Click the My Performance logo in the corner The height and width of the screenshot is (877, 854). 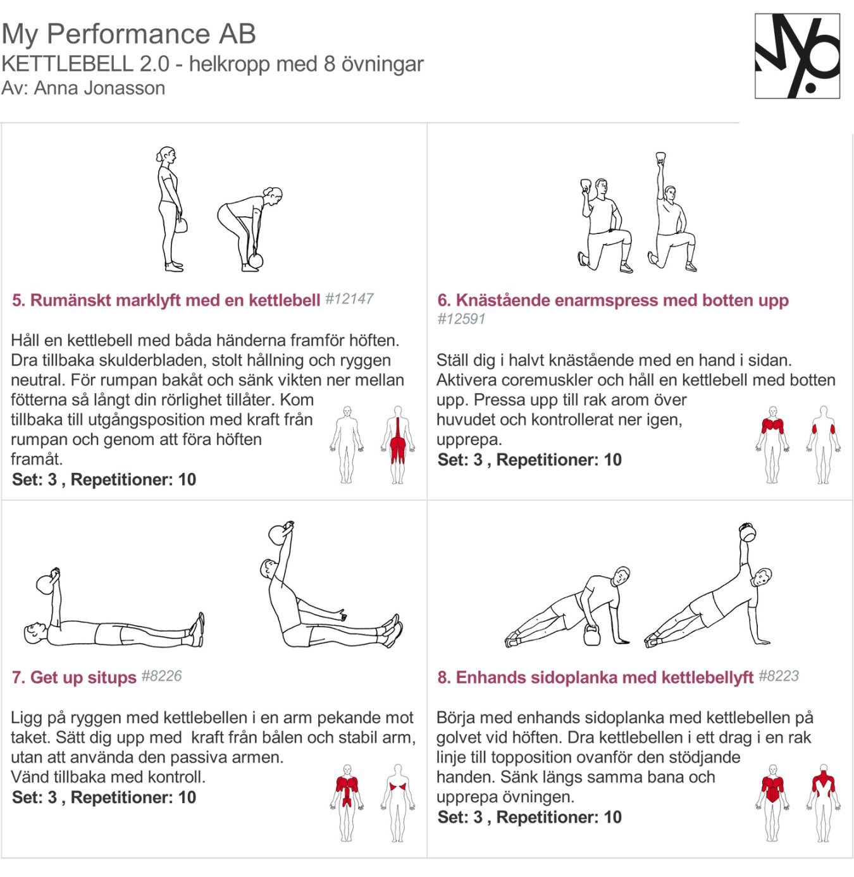pos(797,56)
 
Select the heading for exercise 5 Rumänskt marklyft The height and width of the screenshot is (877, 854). pos(166,300)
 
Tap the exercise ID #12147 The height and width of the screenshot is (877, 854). pos(349,299)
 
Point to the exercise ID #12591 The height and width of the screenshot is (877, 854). pos(461,319)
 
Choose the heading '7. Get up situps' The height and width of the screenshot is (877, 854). pos(74,677)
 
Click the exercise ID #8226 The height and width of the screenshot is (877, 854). pos(161,676)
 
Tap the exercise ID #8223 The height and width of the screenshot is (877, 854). pos(779,676)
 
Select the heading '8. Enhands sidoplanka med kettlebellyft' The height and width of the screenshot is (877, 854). pos(595,677)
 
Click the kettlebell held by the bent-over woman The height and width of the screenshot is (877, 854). pos(256,260)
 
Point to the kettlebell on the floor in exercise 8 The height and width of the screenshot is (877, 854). pos(591,635)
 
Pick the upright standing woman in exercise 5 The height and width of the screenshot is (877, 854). pos(170,209)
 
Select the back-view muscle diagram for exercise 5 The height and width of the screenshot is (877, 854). pos(397,445)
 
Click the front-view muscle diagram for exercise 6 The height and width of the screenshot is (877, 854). pos(772,445)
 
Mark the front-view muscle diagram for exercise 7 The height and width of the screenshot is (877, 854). pos(346,802)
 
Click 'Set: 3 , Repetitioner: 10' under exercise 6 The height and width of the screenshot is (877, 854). pos(529,460)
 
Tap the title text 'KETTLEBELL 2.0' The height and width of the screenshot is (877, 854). pos(85,64)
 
